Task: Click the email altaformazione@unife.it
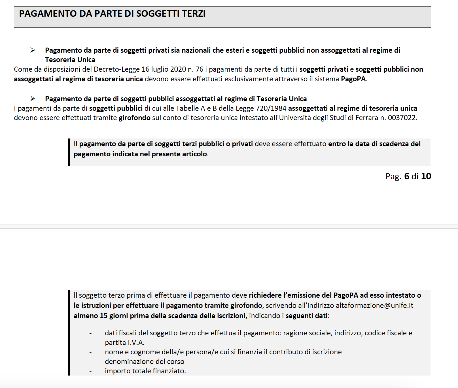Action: [374, 306]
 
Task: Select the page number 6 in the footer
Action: [407, 176]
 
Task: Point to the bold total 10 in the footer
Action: [426, 176]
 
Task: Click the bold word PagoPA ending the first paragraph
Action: [353, 79]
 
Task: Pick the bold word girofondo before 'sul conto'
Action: [134, 118]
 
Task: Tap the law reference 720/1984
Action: [271, 108]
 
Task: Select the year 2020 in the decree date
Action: [178, 69]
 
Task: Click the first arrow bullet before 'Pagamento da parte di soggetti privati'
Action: [33, 50]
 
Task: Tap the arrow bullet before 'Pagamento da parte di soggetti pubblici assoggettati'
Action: [33, 99]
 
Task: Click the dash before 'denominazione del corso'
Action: [90, 362]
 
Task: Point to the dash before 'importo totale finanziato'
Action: [90, 371]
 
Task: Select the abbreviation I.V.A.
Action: [136, 343]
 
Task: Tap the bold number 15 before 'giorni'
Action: [103, 316]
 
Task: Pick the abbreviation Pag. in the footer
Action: [393, 176]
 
